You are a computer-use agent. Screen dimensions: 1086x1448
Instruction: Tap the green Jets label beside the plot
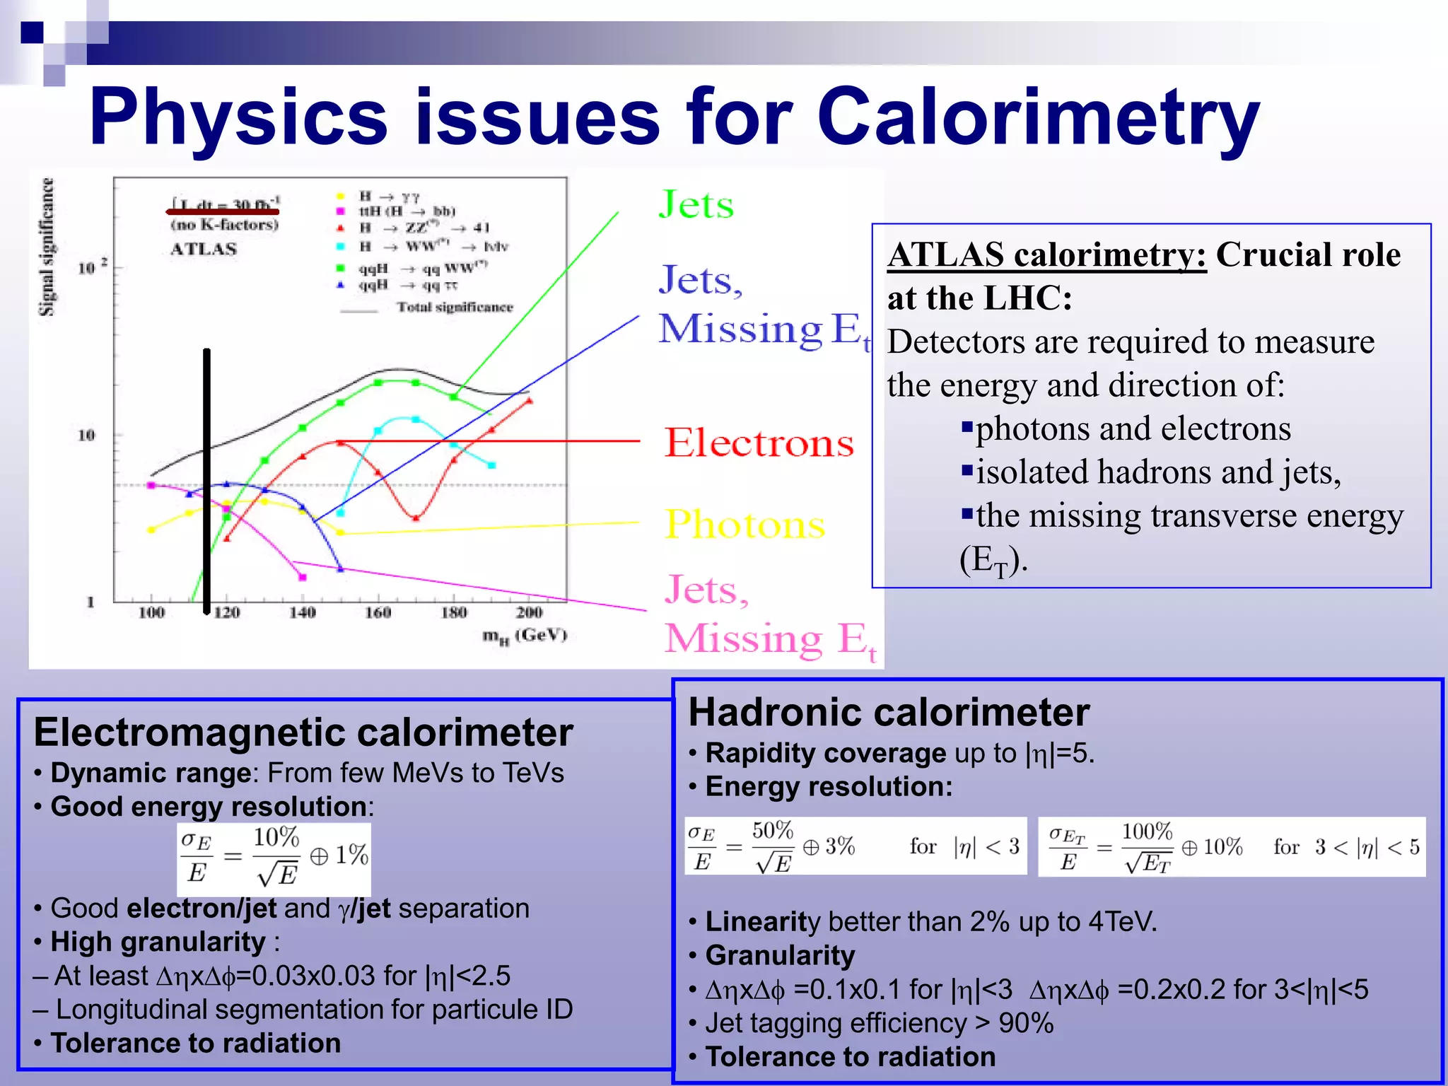(x=696, y=205)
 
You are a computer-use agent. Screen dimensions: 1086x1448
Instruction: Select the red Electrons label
(x=759, y=443)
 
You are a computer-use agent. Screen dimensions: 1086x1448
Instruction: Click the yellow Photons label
(x=745, y=525)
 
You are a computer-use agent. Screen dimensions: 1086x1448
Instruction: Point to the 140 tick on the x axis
(x=302, y=612)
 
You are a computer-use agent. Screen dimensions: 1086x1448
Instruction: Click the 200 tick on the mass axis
(x=529, y=612)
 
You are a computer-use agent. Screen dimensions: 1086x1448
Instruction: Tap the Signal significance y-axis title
(x=46, y=247)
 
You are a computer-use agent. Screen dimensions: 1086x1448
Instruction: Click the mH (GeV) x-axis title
(x=524, y=635)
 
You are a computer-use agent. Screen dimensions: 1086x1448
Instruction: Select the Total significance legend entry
(x=454, y=307)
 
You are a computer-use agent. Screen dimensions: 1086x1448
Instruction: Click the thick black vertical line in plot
(x=206, y=481)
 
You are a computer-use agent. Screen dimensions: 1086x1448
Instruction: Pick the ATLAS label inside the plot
(x=204, y=249)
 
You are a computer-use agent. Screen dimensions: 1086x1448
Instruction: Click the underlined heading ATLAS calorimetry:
(x=1046, y=255)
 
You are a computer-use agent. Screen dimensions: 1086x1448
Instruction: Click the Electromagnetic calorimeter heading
(x=303, y=732)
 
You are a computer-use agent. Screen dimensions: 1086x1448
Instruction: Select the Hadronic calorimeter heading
(x=889, y=713)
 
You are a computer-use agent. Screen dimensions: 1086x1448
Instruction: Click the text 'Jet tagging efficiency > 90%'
(x=879, y=1023)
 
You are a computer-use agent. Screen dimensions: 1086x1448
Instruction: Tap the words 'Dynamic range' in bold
(x=151, y=773)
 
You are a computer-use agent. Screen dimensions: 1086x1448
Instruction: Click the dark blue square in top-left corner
(x=32, y=33)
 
